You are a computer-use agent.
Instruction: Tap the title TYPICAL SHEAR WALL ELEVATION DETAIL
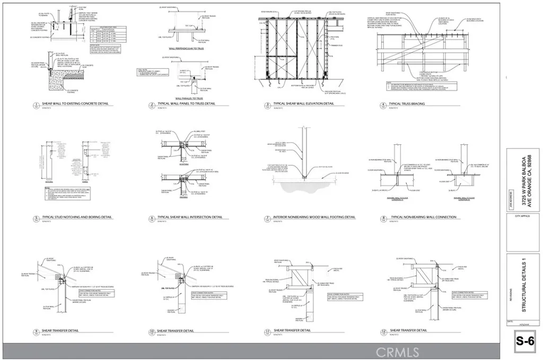[304, 104]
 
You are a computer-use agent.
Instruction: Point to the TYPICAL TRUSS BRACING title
[407, 104]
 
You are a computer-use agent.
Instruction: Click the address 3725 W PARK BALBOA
[522, 173]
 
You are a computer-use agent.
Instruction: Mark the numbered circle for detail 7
[268, 219]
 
